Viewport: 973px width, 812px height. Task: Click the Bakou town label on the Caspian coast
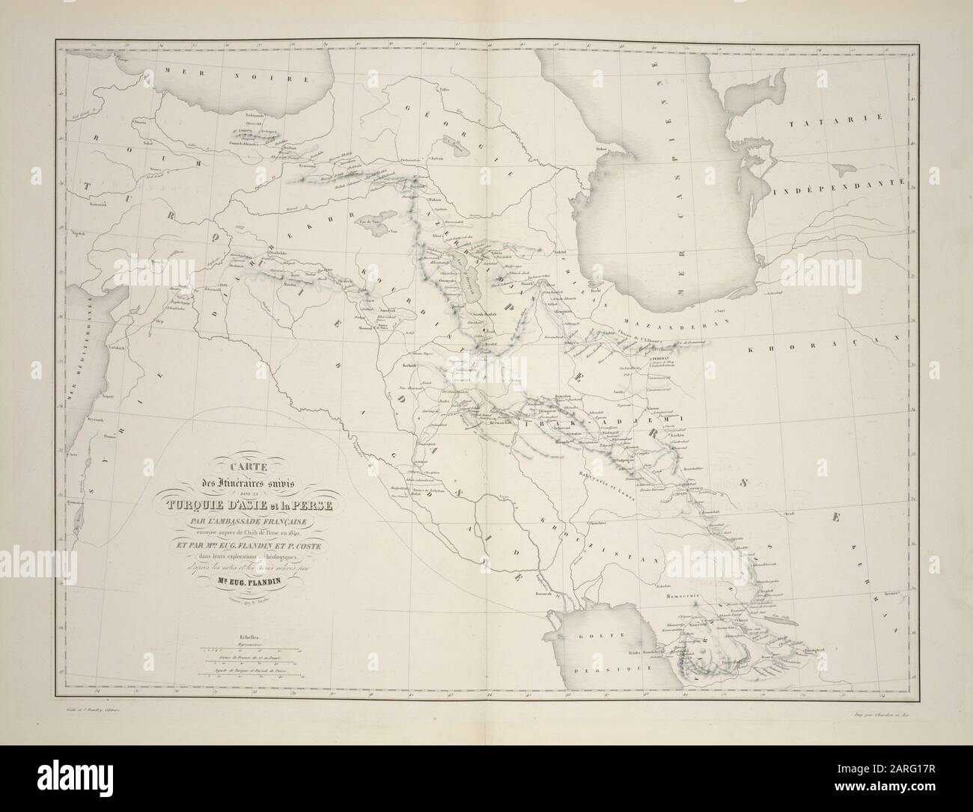[579, 149]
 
